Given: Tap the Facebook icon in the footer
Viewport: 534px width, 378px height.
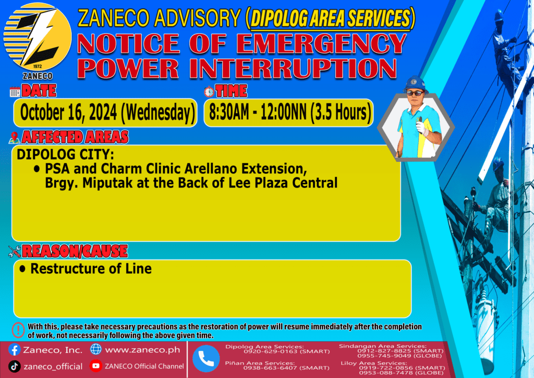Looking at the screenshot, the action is pos(14,350).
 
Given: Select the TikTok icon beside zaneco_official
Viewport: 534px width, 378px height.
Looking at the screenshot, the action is pos(14,367).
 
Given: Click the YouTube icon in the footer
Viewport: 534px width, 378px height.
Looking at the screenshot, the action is pos(96,365).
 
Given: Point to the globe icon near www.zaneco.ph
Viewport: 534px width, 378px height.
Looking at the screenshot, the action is pos(96,349).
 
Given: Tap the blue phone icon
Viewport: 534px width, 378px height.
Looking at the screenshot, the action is pos(206,359).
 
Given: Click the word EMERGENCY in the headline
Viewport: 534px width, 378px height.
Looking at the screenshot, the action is pos(321,44).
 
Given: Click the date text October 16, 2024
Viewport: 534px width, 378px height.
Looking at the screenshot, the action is pos(69,112).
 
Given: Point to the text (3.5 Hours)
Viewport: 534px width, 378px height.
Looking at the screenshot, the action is pos(341,112).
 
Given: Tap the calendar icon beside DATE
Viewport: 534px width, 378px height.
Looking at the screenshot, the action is pos(15,92).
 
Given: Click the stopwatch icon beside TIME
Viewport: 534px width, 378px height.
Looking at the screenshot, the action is pos(209,91).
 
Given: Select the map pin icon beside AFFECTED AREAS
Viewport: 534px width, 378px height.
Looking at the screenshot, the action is pos(14,138).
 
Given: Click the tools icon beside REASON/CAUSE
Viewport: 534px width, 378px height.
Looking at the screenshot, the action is pos(15,251).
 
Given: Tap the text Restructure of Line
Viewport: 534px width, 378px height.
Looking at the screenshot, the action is pos(91,268).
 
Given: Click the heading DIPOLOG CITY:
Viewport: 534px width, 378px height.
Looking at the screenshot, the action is pos(65,155).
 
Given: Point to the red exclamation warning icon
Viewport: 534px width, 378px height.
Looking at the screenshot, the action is pos(18,330).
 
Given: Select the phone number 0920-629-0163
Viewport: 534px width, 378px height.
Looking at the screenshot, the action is pos(271,351).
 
